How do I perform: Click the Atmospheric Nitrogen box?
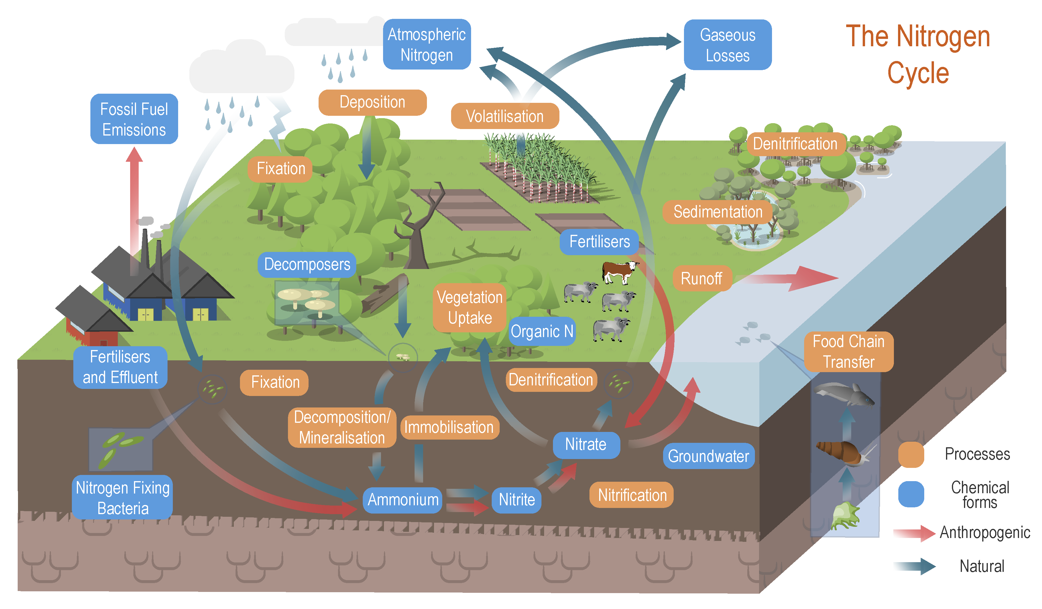tap(427, 44)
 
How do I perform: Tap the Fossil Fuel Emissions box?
tap(134, 119)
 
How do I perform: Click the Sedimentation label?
tap(718, 212)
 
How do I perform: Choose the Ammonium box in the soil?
tap(403, 500)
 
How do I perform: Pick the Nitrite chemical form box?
tap(516, 500)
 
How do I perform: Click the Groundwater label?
tap(708, 456)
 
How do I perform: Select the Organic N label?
tap(542, 331)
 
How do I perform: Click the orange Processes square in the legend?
tap(911, 454)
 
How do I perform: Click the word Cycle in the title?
tap(918, 73)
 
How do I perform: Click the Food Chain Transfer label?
tap(849, 352)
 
